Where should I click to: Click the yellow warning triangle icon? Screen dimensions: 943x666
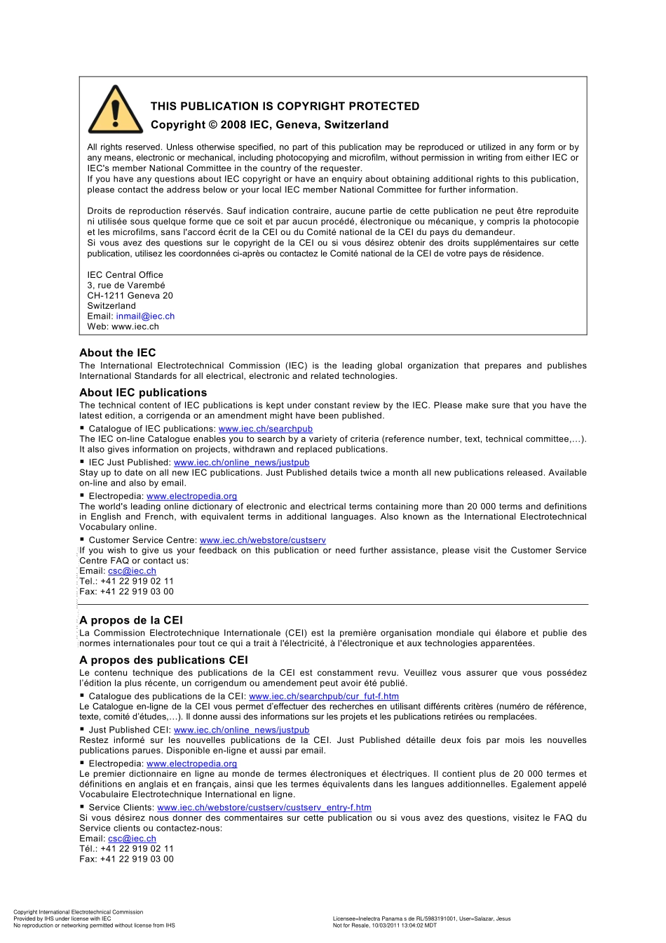coord(116,111)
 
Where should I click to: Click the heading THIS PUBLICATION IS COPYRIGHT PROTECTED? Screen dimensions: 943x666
coord(285,106)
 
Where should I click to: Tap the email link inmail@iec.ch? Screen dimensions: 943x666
coord(145,316)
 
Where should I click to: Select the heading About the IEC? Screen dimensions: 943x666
coord(118,353)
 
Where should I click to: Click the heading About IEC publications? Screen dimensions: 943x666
coord(143,393)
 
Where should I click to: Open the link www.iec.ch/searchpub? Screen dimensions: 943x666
coord(266,429)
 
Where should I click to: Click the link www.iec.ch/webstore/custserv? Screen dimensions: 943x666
coord(263,540)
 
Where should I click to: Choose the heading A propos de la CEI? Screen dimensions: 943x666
coord(131,620)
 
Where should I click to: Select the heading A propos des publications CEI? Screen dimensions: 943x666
coord(163,660)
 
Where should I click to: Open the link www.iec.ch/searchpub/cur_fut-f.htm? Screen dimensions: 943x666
coord(324,697)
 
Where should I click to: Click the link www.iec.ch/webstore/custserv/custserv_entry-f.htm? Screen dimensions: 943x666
coord(264,808)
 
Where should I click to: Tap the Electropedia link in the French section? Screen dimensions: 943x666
coord(191,763)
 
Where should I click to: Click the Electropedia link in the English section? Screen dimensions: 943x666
coord(191,496)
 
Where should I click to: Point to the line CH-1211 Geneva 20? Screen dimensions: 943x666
coord(130,295)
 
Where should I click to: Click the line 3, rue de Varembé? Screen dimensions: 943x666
coord(126,286)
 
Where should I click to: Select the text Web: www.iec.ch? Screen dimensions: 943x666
coord(123,326)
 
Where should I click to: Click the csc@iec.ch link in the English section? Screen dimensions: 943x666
coord(132,571)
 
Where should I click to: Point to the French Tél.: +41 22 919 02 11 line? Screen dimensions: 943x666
coord(126,848)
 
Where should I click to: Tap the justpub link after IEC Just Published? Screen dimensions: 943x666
coord(241,462)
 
